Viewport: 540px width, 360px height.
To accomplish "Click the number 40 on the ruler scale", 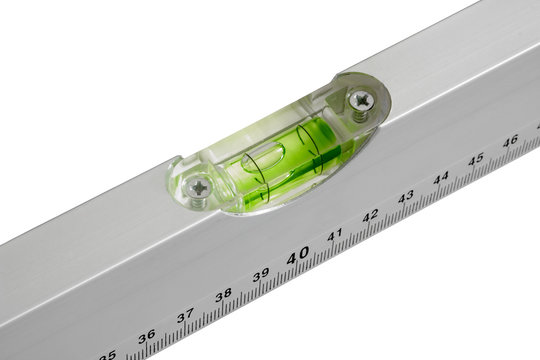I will pyautogui.click(x=297, y=257).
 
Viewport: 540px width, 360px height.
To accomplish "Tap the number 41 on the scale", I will pyautogui.click(x=335, y=235).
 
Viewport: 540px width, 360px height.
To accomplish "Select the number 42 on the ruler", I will pyautogui.click(x=370, y=215).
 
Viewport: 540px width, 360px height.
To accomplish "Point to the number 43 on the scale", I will pyautogui.click(x=405, y=197).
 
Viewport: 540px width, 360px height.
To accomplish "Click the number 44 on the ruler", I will pyautogui.click(x=440, y=178).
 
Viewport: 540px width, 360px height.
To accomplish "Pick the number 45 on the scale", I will pyautogui.click(x=475, y=159).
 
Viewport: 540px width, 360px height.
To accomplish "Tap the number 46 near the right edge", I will pyautogui.click(x=509, y=142).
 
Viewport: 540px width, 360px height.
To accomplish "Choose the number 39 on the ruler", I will pyautogui.click(x=260, y=275).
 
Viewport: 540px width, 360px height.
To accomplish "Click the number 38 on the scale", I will pyautogui.click(x=223, y=295).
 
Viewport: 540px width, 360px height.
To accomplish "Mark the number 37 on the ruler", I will pyautogui.click(x=185, y=316).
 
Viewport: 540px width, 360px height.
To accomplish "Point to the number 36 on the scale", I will pyautogui.click(x=146, y=337).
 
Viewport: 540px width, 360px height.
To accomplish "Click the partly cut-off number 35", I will pyautogui.click(x=108, y=354).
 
